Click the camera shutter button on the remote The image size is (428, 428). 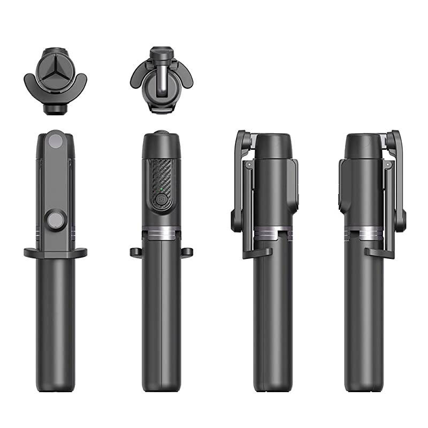(160, 200)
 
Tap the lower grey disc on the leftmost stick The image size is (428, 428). (55, 220)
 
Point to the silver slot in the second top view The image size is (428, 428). (160, 80)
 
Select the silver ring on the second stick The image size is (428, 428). (160, 234)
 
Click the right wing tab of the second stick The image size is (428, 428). (187, 251)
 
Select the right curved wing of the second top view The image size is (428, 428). (182, 75)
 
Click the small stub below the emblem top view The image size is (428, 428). (56, 109)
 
